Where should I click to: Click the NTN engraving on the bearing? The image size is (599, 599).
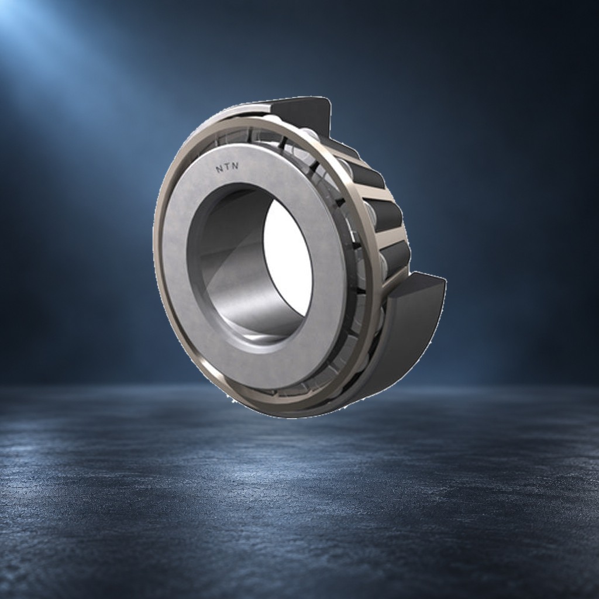pos(228,167)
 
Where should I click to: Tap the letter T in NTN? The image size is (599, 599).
pos(228,167)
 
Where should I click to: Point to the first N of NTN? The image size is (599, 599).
pos(219,168)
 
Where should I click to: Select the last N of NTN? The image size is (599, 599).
pos(235,166)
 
